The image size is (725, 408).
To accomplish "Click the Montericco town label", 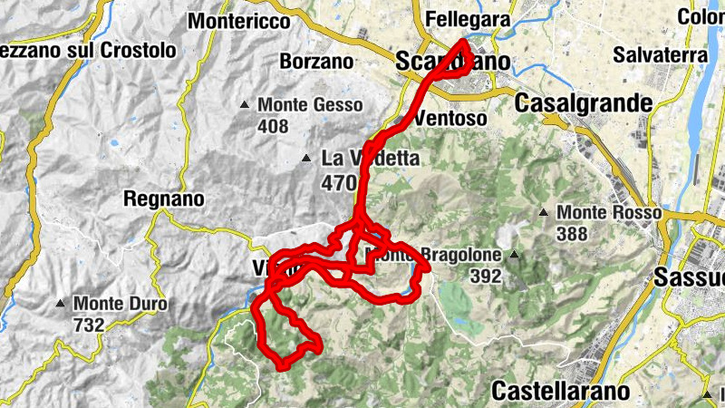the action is (x=239, y=19).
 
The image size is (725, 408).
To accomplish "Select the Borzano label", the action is (x=316, y=62).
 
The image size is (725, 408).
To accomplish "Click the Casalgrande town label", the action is (x=584, y=103).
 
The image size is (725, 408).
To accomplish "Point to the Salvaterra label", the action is (x=660, y=54).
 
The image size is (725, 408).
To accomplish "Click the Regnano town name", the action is (x=163, y=198).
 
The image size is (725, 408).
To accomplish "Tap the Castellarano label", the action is (x=560, y=391).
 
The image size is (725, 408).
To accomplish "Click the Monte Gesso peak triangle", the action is (x=245, y=105).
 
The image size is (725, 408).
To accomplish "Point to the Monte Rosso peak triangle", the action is (x=544, y=213).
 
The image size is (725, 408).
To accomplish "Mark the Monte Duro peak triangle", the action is (x=61, y=303).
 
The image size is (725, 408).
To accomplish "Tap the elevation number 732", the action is (x=89, y=323).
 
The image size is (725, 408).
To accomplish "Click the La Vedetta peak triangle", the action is (x=307, y=160).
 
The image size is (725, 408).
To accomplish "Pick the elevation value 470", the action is (x=339, y=182).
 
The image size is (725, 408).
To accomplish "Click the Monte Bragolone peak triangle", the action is (x=512, y=255).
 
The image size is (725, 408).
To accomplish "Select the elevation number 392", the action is (x=486, y=277).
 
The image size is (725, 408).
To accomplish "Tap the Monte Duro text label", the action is (x=120, y=303).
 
